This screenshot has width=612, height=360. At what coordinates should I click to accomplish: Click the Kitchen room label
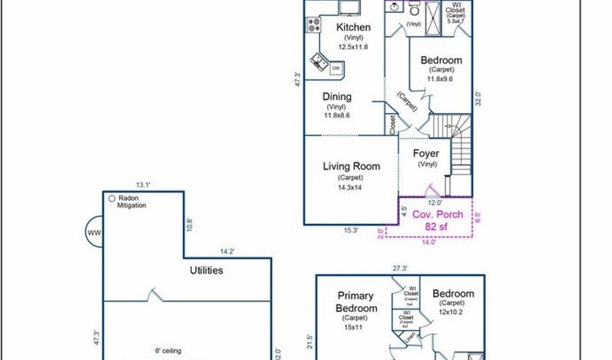(354, 27)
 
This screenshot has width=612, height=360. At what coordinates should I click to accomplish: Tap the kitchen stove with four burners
(314, 25)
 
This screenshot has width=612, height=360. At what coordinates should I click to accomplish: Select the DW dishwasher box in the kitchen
(336, 69)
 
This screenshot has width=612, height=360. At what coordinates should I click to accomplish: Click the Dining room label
(337, 97)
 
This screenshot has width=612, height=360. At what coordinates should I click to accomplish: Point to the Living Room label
(351, 166)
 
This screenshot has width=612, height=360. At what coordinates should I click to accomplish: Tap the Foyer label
(426, 154)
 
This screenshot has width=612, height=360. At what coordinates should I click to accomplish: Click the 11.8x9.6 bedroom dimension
(440, 79)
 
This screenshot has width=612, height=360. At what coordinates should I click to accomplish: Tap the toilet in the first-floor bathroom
(414, 11)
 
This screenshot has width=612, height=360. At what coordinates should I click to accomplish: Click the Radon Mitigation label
(131, 201)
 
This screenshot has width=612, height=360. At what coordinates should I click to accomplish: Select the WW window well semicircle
(94, 233)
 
